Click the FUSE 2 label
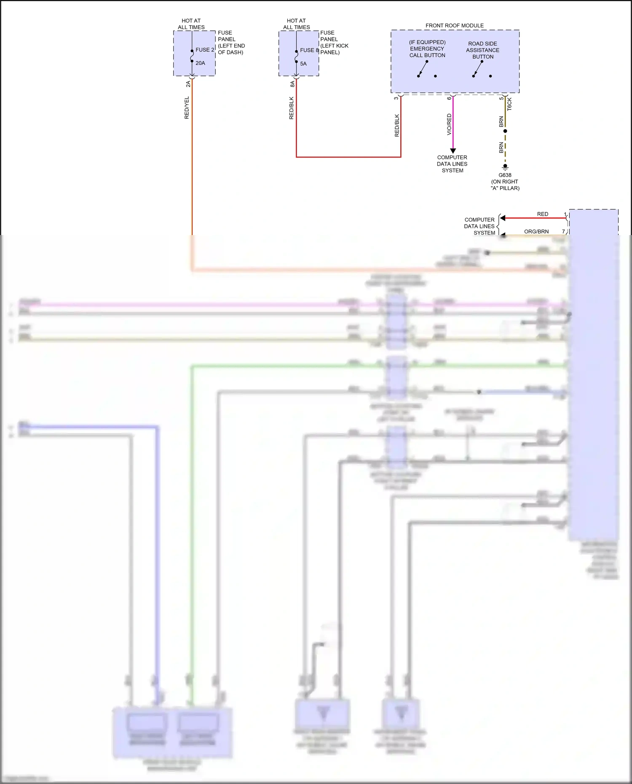pyautogui.click(x=205, y=50)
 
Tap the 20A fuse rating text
pyautogui.click(x=200, y=63)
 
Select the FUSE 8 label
pyautogui.click(x=309, y=50)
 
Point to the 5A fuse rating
pyautogui.click(x=303, y=64)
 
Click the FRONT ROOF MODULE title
pyautogui.click(x=454, y=26)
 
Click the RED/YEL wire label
pyautogui.click(x=187, y=108)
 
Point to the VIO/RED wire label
pyautogui.click(x=449, y=124)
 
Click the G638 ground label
pyautogui.click(x=505, y=175)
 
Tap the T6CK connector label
pyautogui.click(x=509, y=104)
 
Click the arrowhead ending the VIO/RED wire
pyautogui.click(x=453, y=151)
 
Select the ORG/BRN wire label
pyautogui.click(x=536, y=232)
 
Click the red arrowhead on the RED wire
pyautogui.click(x=502, y=218)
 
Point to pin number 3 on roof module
pyautogui.click(x=396, y=98)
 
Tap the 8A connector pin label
pyautogui.click(x=292, y=84)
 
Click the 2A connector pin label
pyautogui.click(x=188, y=84)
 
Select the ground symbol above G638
pyautogui.click(x=505, y=167)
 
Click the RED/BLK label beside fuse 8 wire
pyautogui.click(x=291, y=108)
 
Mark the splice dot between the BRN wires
pyautogui.click(x=505, y=131)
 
